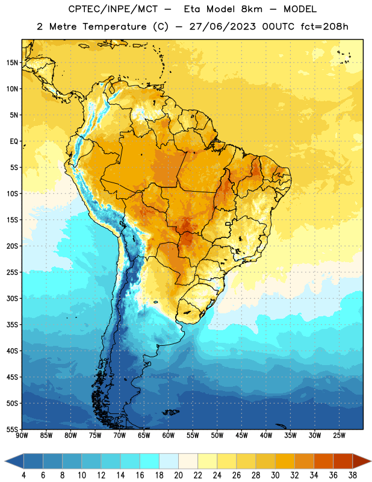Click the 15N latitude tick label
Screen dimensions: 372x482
(12, 63)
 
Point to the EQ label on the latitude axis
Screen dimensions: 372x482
(14, 142)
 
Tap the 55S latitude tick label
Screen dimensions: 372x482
(12, 430)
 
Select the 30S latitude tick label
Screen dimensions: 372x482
(12, 298)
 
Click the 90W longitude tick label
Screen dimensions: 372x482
(22, 436)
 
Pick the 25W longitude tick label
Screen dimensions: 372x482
(339, 436)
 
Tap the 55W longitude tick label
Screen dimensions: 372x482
(193, 436)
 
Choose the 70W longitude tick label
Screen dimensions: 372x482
(120, 436)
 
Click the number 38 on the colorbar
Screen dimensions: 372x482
(353, 475)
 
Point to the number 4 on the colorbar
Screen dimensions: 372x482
(23, 475)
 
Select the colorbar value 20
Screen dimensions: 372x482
(178, 475)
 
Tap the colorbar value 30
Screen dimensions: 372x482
(275, 475)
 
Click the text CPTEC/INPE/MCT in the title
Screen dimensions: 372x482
(113, 9)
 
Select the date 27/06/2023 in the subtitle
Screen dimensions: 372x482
(222, 27)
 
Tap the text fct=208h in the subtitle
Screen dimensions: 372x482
(324, 27)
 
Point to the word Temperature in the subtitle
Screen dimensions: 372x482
(114, 27)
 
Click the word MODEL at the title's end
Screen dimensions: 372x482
(300, 9)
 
